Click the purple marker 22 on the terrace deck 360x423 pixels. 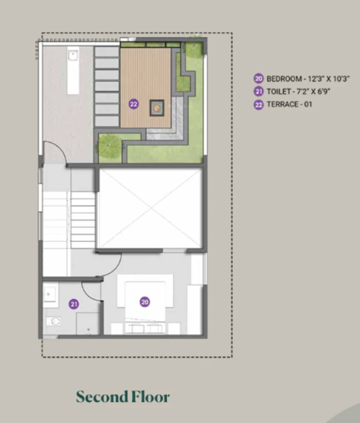(x=134, y=104)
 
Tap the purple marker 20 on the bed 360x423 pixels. (x=145, y=302)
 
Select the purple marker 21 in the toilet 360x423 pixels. (x=74, y=304)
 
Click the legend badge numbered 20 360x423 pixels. (x=258, y=78)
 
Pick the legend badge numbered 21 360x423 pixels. (x=258, y=91)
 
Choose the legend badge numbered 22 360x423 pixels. (x=258, y=105)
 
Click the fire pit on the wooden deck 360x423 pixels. (x=157, y=108)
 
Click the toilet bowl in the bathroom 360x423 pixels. (x=54, y=321)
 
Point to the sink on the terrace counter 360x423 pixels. (x=73, y=55)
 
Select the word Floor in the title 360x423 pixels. (x=151, y=397)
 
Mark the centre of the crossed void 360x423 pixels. (x=150, y=208)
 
